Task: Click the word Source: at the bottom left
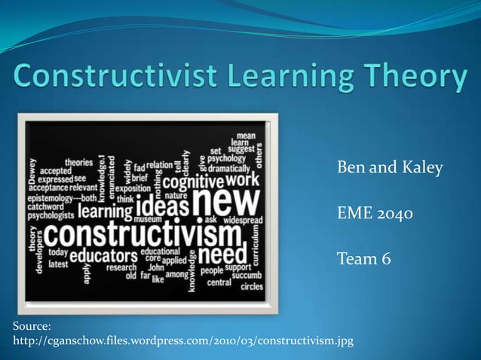click(32, 326)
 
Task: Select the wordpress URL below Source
click(183, 342)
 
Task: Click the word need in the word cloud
click(225, 250)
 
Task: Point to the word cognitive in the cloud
click(193, 182)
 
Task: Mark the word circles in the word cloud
click(252, 287)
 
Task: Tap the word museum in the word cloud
click(148, 219)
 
